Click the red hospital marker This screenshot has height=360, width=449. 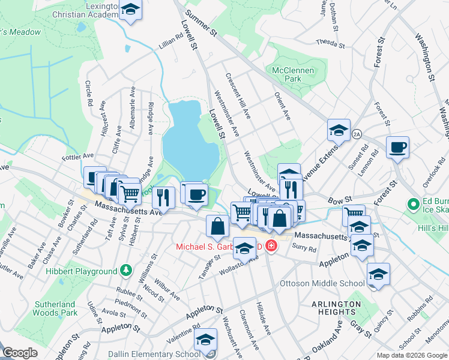click(x=271, y=247)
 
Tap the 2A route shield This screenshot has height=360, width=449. click(x=358, y=133)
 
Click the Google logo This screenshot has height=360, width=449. click(x=20, y=353)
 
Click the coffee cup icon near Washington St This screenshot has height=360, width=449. click(x=397, y=147)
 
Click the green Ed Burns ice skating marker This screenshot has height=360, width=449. click(x=413, y=205)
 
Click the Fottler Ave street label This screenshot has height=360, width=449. click(x=78, y=157)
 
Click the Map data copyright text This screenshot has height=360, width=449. click(x=412, y=355)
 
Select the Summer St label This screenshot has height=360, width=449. click(x=200, y=25)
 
